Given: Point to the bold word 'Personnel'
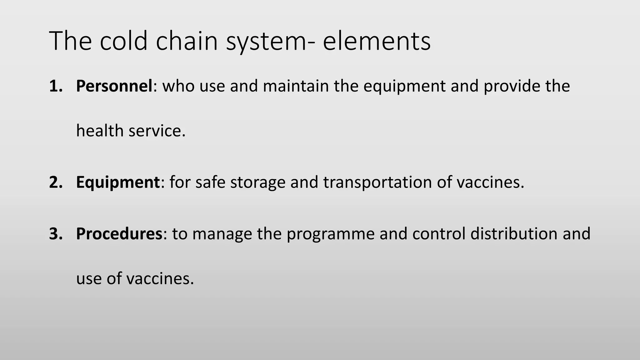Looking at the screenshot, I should (x=114, y=86).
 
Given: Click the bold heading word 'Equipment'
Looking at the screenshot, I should (x=118, y=182).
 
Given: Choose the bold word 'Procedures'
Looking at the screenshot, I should (x=119, y=233).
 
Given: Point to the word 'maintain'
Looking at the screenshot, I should (x=296, y=86).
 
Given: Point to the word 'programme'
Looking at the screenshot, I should (x=330, y=233).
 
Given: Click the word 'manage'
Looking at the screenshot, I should (x=222, y=233).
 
